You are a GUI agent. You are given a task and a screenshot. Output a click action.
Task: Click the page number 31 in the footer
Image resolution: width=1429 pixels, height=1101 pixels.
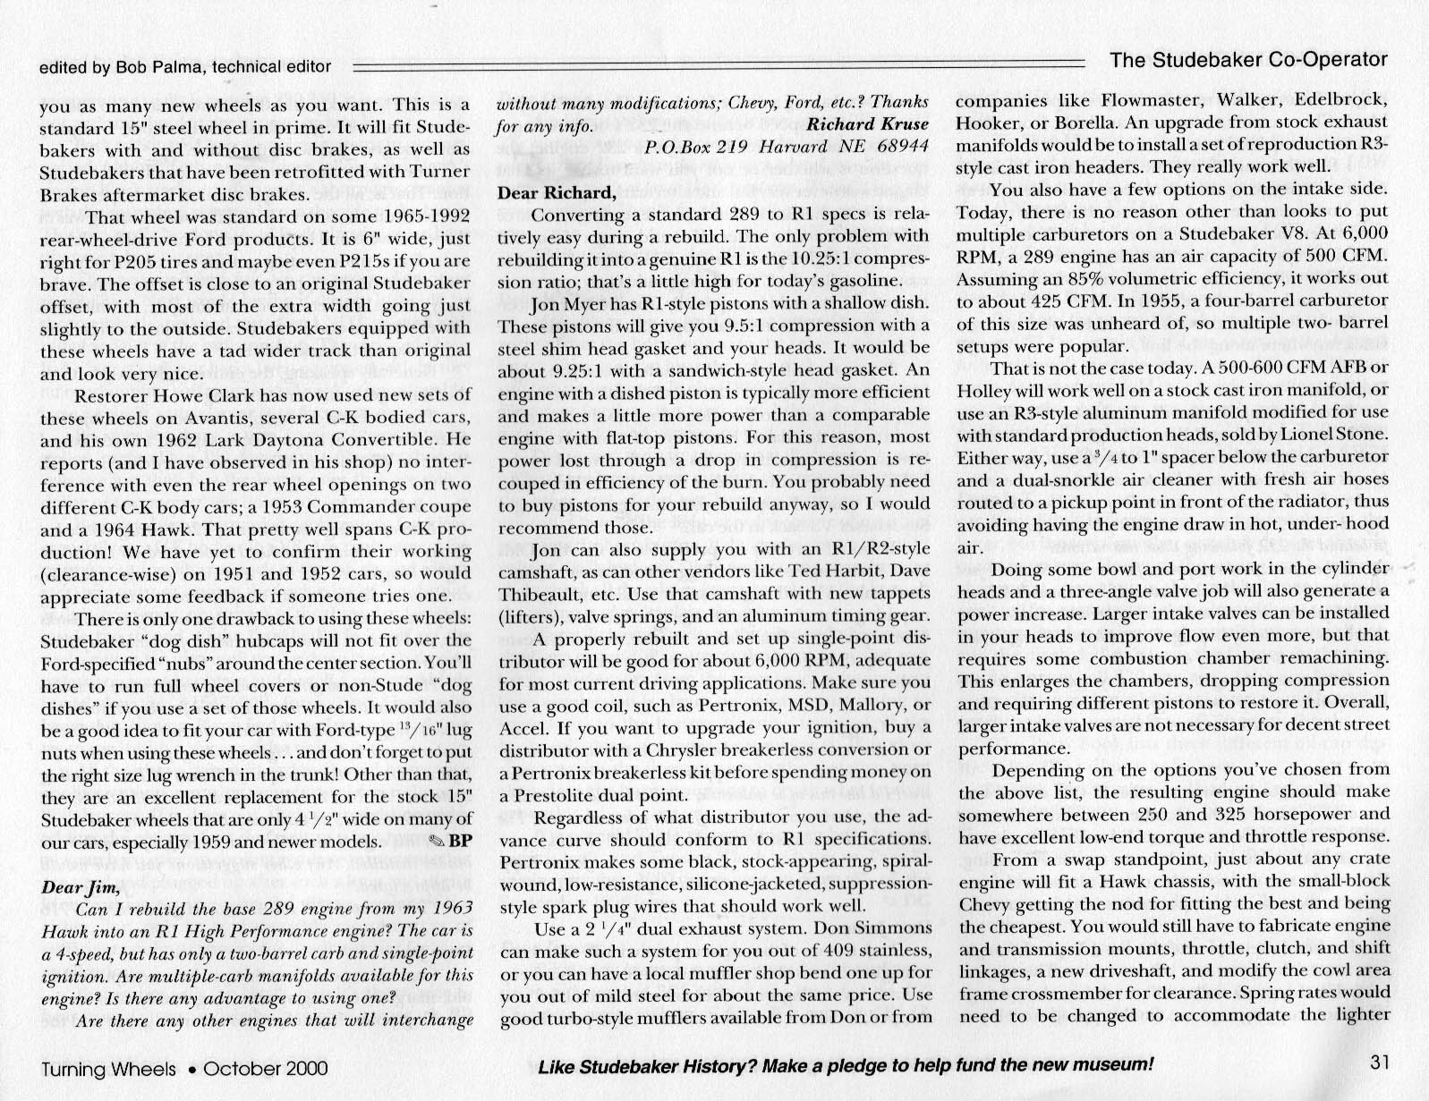[x=1378, y=1063]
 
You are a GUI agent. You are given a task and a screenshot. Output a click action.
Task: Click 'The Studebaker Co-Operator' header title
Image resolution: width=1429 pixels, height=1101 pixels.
[x=1248, y=60]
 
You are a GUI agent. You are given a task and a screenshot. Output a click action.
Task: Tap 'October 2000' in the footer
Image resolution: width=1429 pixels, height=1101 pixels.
[x=266, y=1068]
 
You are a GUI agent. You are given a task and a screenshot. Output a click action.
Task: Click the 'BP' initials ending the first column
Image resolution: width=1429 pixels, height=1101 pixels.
[x=460, y=841]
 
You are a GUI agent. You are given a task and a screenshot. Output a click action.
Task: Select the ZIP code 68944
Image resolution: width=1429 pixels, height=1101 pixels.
[x=900, y=147]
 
